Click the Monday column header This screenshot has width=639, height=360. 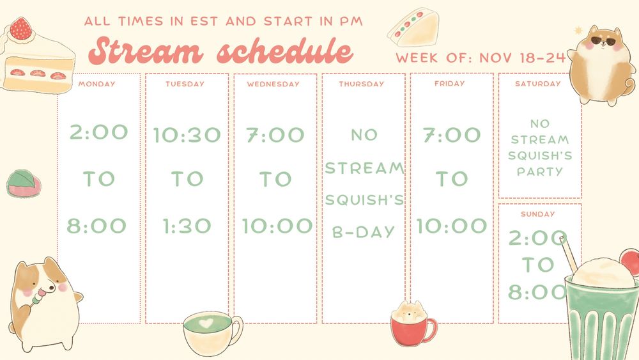[96, 84]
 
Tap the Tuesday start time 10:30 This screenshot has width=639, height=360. [187, 135]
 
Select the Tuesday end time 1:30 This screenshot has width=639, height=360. [187, 226]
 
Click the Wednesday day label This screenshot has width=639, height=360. [273, 84]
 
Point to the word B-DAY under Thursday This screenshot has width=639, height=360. [363, 232]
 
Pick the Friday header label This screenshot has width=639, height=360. [449, 84]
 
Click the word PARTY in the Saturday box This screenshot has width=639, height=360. [540, 171]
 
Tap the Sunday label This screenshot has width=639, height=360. [537, 214]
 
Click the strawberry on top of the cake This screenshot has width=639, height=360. [21, 29]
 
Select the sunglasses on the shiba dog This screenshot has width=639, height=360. [603, 41]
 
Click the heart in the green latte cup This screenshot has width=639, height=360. [206, 324]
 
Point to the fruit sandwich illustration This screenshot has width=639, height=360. [413, 27]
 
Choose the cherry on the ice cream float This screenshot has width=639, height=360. [630, 262]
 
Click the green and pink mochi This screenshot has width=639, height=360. [24, 183]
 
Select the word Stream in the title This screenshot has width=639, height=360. [146, 51]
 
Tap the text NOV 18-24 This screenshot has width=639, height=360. [523, 58]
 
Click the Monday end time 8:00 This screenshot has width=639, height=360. [96, 226]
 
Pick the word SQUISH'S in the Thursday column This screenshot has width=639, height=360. [364, 200]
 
